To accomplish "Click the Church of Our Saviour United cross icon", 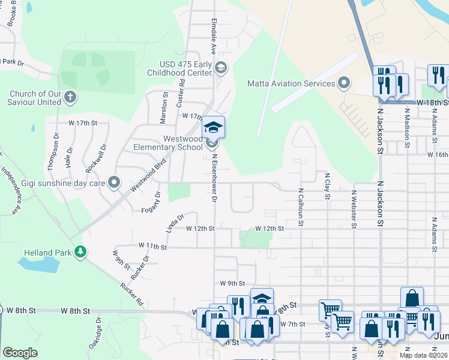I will (x=70, y=96).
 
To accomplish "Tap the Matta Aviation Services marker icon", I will (x=344, y=82).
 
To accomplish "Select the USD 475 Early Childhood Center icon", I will (x=221, y=68).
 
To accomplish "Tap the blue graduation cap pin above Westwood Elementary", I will (x=212, y=127).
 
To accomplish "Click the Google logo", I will (x=20, y=353).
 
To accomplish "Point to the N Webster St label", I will (x=354, y=209).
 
